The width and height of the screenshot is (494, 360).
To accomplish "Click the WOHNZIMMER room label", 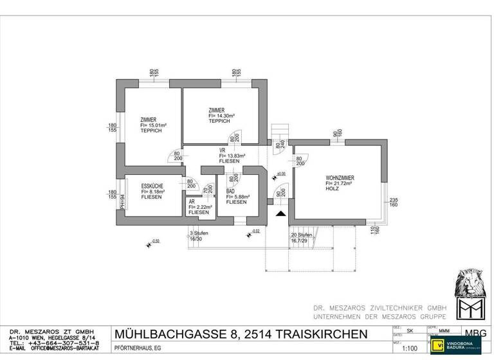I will (340, 177).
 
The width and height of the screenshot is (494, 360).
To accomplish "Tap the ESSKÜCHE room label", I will (152, 186).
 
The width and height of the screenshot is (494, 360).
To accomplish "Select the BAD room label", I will (230, 192).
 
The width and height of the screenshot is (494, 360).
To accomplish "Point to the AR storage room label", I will (192, 201).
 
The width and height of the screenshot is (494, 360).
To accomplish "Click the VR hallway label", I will (222, 150).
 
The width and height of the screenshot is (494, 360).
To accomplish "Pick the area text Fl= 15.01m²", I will (154, 125).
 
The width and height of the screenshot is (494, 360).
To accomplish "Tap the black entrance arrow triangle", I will (280, 215).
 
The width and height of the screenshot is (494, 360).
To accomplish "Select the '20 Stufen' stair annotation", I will (302, 235).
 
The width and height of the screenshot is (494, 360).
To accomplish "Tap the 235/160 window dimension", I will (394, 203).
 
